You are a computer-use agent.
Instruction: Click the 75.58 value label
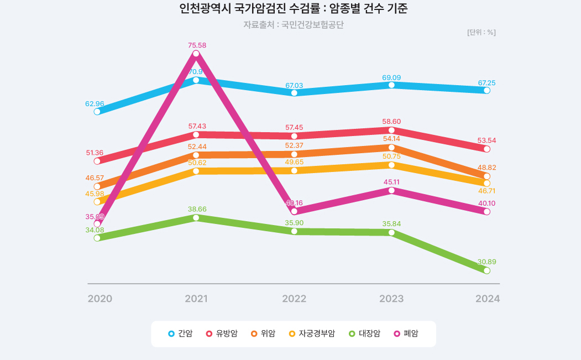pos(197,45)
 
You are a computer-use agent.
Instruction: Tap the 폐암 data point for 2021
pos(196,54)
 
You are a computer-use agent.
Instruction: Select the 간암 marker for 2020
pos(97,111)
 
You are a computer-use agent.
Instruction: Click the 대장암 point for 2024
pos(487,270)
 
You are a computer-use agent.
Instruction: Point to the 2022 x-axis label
pos(294,299)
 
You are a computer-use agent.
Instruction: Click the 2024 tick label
pos(488,299)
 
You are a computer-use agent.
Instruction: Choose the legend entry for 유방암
pos(222,333)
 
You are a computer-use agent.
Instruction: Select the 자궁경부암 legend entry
pos(312,333)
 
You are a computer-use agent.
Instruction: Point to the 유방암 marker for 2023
pos(391,130)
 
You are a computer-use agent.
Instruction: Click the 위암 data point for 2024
pos(487,176)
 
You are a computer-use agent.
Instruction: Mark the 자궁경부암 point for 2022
pos(294,170)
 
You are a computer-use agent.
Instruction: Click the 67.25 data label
pos(487,83)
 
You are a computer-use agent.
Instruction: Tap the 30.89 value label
pos(486,262)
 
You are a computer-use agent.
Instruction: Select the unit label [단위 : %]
pos(481,32)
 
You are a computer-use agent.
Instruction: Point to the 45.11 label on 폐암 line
pos(391,181)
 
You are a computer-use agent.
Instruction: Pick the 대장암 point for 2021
pos(196,218)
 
